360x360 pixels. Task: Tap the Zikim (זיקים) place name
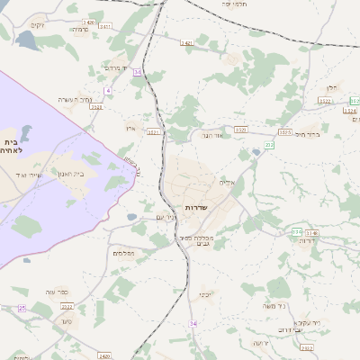coord(37,26)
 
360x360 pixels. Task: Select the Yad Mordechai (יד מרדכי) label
coord(118,67)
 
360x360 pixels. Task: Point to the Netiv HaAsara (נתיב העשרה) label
coord(75,99)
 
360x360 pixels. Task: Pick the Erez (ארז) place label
coord(130,129)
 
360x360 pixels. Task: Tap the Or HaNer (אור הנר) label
coord(211,136)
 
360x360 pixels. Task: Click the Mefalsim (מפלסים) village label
coord(122,254)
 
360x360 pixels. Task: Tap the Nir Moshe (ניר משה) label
coord(275,306)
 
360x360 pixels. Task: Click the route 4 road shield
coord(107,90)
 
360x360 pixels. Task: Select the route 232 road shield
coord(269,144)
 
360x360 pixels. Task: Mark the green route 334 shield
coord(296,232)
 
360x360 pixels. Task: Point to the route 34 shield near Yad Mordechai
coord(137,71)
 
